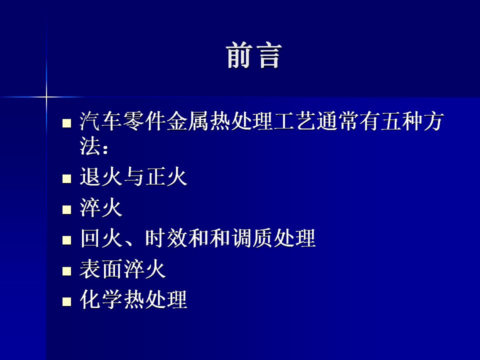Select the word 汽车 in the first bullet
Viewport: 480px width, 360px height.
[100, 121]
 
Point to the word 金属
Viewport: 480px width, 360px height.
[187, 121]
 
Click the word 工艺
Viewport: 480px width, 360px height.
[295, 121]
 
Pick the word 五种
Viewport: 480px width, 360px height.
[402, 121]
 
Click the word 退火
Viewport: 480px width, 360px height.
[100, 177]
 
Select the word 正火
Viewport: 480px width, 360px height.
[166, 177]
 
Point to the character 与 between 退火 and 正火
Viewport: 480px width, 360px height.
[133, 177]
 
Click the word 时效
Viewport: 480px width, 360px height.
[166, 238]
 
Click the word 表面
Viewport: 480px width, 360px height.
[100, 269]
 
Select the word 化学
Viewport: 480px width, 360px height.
[100, 299]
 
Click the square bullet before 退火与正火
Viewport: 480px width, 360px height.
[66, 179]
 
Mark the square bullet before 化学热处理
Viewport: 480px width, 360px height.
[66, 302]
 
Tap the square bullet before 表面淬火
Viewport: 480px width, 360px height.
[66, 271]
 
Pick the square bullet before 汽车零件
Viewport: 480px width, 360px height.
[66, 123]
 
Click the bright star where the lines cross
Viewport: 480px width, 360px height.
[46, 97]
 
